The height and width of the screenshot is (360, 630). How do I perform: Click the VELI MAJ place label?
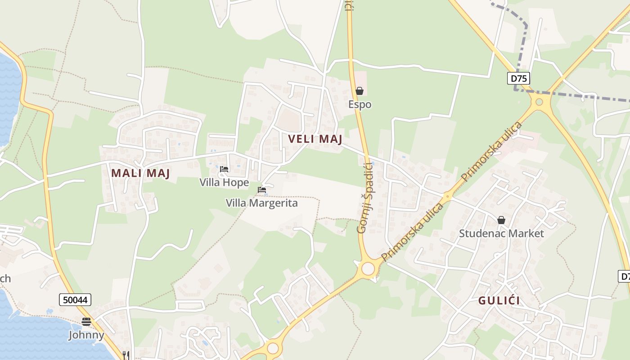pos(315,139)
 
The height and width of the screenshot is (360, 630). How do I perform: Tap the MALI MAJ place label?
pos(140,173)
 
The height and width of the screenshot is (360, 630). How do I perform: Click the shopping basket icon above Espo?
pos(359,91)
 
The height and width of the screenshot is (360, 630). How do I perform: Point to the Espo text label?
pos(360,104)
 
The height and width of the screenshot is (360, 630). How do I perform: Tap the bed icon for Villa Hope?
pos(224,169)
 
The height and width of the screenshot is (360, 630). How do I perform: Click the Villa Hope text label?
pos(224,182)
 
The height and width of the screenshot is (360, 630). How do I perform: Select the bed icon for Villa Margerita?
pos(262,190)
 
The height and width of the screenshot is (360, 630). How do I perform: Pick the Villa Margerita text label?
pos(261,203)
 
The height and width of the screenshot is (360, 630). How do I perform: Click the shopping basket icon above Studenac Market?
pos(501,220)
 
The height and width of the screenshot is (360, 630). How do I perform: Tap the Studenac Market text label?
pos(501,233)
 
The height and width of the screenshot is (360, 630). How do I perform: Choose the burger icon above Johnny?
pos(86,322)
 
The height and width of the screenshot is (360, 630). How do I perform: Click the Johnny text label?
pos(86,335)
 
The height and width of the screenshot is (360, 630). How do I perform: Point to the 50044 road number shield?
pos(75,299)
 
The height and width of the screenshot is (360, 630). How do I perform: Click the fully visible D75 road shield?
pos(519,78)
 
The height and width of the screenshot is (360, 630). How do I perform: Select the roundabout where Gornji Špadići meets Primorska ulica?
pos(368,269)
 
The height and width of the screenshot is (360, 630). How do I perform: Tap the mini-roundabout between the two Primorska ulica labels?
pos(447,196)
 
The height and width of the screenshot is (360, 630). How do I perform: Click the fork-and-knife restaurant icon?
pos(126,355)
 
